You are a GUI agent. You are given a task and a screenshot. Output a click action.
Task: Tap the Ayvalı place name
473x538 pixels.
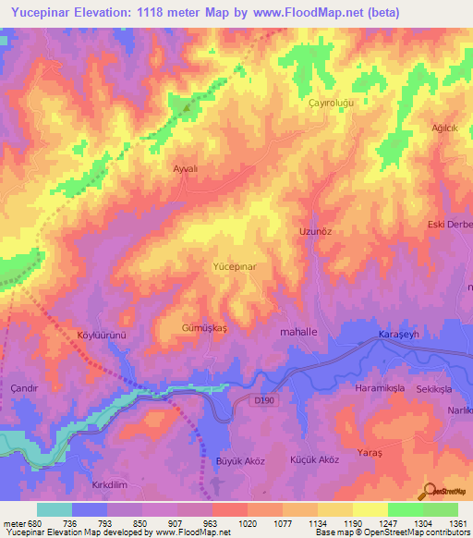coord(187,169)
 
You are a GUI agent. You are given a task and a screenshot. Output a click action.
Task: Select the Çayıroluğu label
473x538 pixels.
coord(332,104)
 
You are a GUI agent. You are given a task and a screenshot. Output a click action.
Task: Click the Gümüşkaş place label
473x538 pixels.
coord(204,328)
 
